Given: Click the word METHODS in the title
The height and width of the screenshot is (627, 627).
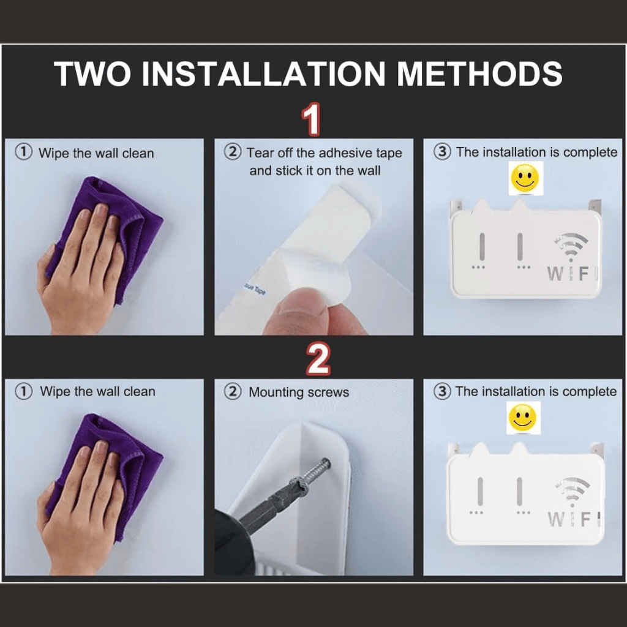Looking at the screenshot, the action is tap(479, 73).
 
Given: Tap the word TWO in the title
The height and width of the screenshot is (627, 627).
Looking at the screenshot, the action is tap(92, 73).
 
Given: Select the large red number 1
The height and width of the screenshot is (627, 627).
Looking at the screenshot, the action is tap(311, 119).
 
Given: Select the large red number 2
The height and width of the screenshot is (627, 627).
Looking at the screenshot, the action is tap(318, 359).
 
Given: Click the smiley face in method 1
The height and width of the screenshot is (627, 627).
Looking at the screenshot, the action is tap(525, 178).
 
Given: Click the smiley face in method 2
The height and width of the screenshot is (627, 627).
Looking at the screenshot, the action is tap(523, 418).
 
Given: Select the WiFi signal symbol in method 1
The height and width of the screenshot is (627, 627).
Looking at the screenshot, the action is tap(571, 246).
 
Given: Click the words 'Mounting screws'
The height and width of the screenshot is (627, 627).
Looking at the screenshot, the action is tap(299, 392).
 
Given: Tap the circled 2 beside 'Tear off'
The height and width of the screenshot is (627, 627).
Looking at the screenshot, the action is tap(233, 152).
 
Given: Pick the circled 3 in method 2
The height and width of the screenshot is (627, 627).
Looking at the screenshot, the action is tap(442, 391).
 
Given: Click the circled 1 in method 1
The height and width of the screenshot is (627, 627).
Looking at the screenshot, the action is tap(24, 152).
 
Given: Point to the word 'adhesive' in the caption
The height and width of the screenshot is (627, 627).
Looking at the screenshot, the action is tap(345, 152).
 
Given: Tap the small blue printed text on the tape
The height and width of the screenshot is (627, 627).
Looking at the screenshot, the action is tap(255, 289).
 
